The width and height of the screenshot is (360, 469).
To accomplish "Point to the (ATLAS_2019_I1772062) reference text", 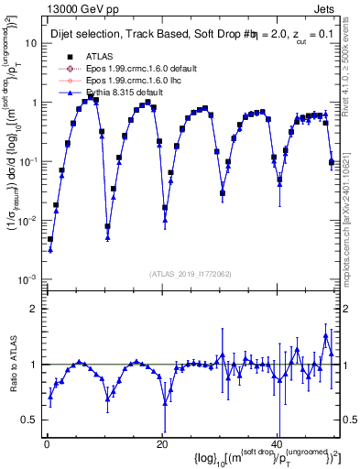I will pos(189,273).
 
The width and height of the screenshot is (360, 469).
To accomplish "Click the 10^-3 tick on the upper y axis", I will pos(27,278).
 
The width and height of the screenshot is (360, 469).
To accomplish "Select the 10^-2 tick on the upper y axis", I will pos(27,220).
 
